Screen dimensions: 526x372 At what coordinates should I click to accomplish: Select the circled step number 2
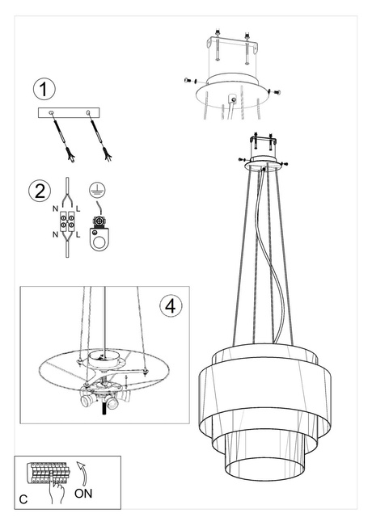pyautogui.click(x=37, y=191)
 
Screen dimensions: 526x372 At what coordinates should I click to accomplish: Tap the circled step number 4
pyautogui.click(x=167, y=306)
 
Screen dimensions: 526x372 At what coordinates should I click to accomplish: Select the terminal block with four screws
pyautogui.click(x=67, y=221)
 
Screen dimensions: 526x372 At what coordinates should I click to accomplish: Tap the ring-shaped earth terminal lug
pyautogui.click(x=99, y=239)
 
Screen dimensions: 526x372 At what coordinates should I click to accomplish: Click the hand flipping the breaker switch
pyautogui.click(x=57, y=490)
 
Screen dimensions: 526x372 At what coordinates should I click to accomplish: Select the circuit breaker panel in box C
pyautogui.click(x=47, y=473)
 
